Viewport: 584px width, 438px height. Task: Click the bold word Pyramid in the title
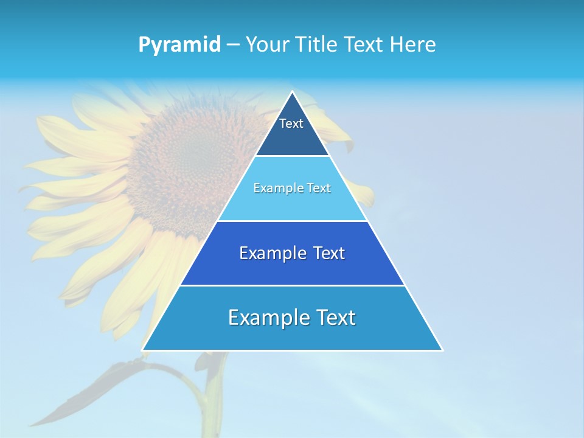click(179, 45)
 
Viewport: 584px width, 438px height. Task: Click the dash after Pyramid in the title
click(233, 45)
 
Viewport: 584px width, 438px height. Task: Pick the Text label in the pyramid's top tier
click(291, 123)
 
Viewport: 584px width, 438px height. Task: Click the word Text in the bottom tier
click(335, 318)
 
